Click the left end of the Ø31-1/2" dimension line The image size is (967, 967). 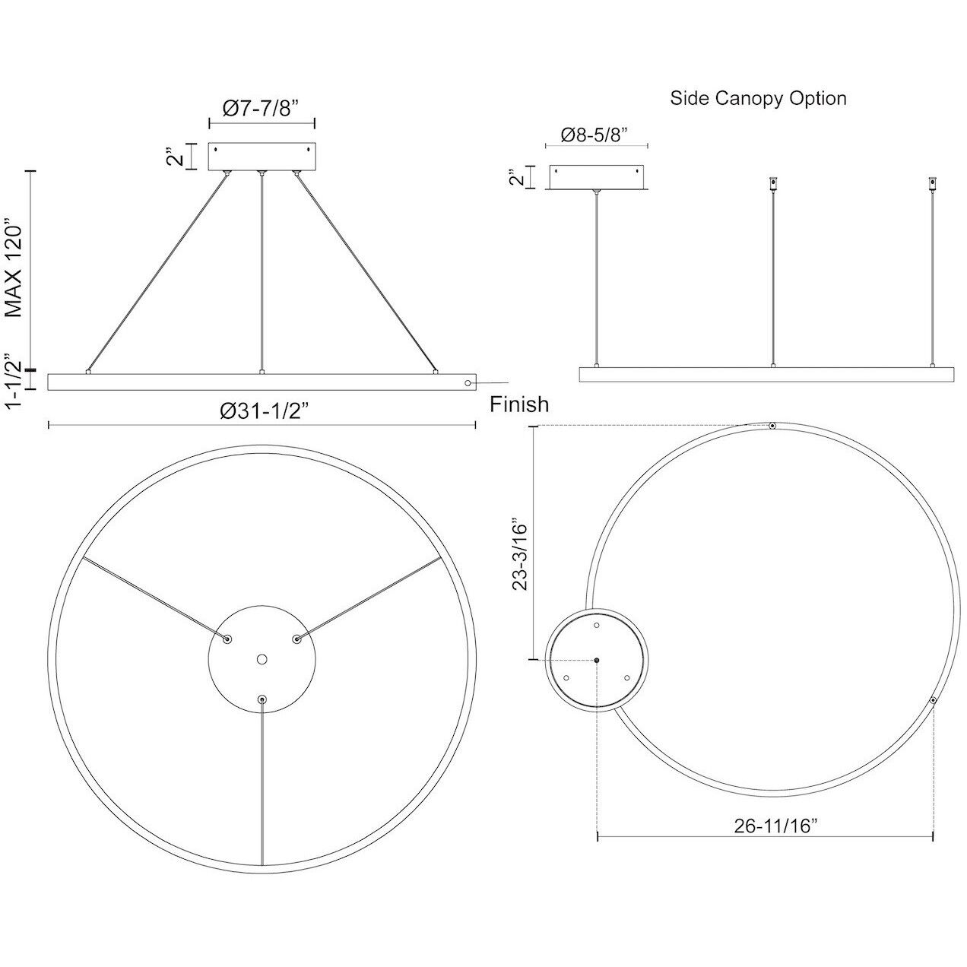[48, 426]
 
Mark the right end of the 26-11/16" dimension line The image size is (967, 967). [933, 836]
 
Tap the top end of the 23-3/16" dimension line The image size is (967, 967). [536, 426]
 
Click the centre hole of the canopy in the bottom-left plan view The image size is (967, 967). [262, 659]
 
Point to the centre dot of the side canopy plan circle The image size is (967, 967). [597, 660]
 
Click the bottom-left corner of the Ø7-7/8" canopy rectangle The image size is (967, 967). [209, 170]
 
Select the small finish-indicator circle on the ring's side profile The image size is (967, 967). [468, 383]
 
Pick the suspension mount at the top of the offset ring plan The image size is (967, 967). [772, 426]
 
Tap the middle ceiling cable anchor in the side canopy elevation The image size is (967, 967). [773, 183]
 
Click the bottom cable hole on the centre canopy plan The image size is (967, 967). [262, 699]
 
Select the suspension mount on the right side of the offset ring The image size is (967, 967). [933, 700]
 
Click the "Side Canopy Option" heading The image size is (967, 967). [758, 98]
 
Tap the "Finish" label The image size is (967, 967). [519, 404]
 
